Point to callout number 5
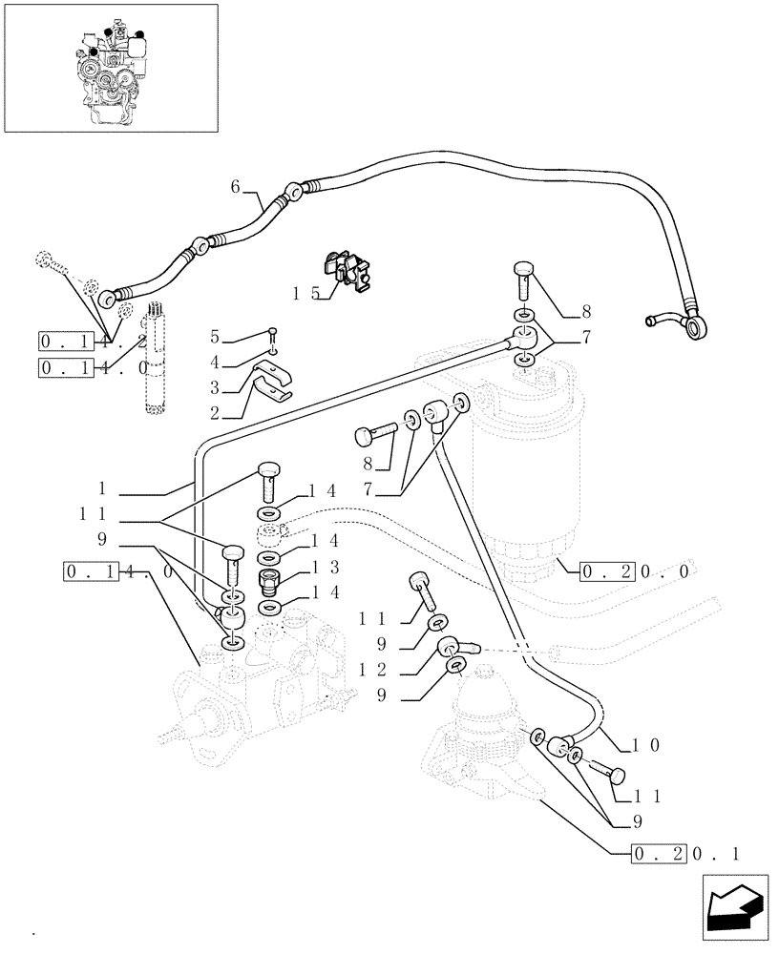[215, 338]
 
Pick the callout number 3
[215, 388]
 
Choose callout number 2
[215, 414]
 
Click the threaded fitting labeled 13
[269, 580]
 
